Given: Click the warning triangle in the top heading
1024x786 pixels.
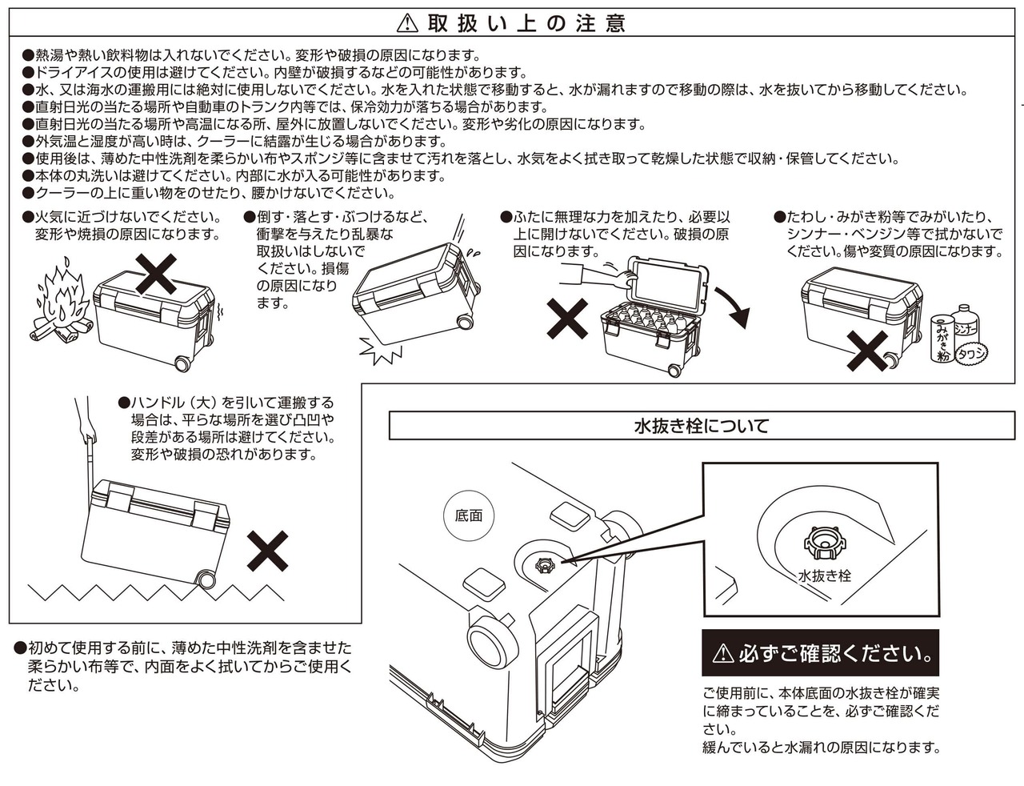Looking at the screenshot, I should point(408,23).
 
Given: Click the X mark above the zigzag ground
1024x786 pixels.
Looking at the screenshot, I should point(267,550).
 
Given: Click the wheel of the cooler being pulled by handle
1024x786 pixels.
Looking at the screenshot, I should point(206,579).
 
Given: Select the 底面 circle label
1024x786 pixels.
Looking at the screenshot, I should point(469,515).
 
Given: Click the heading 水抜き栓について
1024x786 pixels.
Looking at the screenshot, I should point(701,426).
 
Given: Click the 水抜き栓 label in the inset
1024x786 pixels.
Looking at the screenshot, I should point(824,575).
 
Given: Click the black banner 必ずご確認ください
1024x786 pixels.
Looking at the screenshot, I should point(821,653).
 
